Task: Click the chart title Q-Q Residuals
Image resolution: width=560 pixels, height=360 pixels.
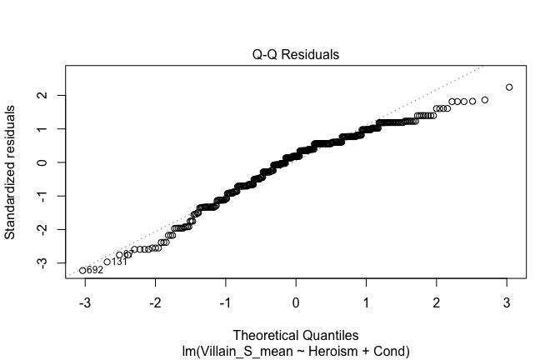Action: [x=296, y=54]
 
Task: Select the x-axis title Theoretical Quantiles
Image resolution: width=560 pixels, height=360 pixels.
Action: [x=296, y=337]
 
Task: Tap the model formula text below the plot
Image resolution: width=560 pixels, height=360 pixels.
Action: [x=296, y=351]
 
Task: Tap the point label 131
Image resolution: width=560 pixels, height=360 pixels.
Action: [x=119, y=262]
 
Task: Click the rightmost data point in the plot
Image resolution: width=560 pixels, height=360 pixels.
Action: [x=509, y=87]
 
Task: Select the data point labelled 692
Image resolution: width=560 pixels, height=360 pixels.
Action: [x=82, y=270]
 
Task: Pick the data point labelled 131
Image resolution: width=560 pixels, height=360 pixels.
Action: [x=107, y=262]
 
